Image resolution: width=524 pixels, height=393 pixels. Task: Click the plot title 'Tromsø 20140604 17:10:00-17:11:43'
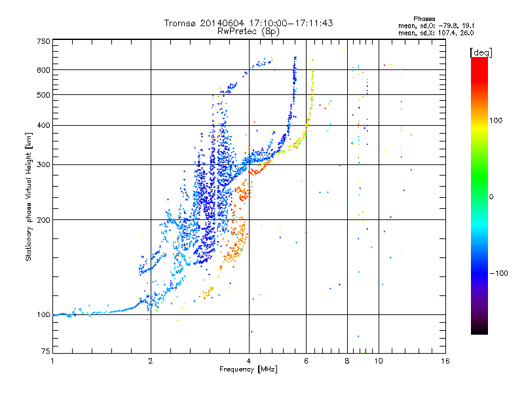pos(248,23)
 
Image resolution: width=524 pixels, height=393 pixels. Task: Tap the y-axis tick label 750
pos(44,41)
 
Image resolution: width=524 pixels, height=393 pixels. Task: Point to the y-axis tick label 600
pos(44,70)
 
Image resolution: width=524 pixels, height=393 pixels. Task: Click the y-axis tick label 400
pos(44,125)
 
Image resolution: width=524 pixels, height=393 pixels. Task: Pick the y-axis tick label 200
pos(44,219)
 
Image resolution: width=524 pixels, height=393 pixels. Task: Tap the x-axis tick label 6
pos(306,361)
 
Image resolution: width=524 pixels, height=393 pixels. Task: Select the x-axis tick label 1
pos(53,361)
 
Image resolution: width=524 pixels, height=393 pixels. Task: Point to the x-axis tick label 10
pos(379,361)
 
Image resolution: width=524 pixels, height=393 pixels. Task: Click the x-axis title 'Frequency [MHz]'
pos(248,370)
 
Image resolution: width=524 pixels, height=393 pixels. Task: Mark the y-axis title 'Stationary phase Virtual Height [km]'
pos(29,196)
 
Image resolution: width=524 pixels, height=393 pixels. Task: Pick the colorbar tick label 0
pos(493,196)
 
